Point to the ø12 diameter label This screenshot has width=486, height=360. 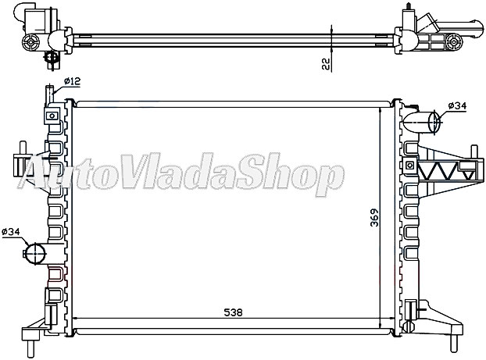tap(73, 81)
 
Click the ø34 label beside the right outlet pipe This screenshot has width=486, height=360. tap(459, 105)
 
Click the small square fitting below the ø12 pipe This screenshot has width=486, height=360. tap(52, 116)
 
